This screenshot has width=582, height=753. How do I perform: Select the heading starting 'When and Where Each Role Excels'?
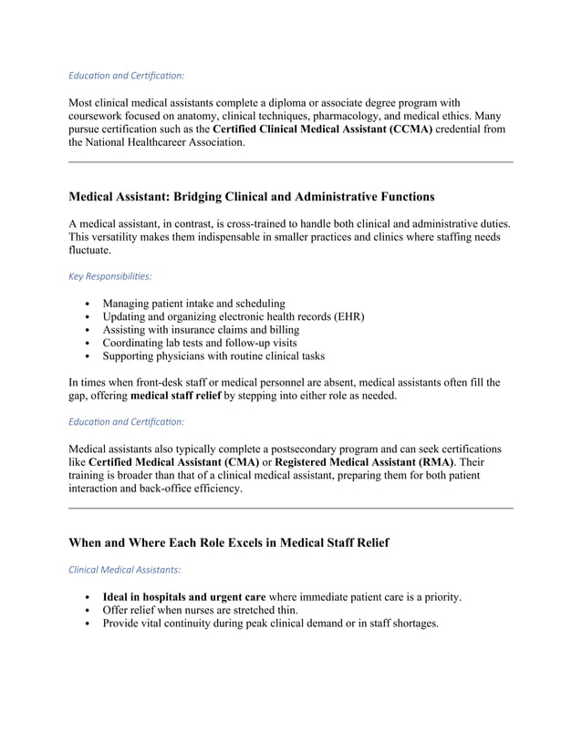[229, 542]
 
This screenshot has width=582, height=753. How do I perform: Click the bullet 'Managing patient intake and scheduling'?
[193, 303]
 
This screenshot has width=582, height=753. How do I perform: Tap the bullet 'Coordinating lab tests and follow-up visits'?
[206, 343]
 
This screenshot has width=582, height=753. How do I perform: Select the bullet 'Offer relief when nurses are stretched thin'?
[200, 610]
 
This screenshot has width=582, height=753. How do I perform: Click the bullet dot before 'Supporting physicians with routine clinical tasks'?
[86, 356]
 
